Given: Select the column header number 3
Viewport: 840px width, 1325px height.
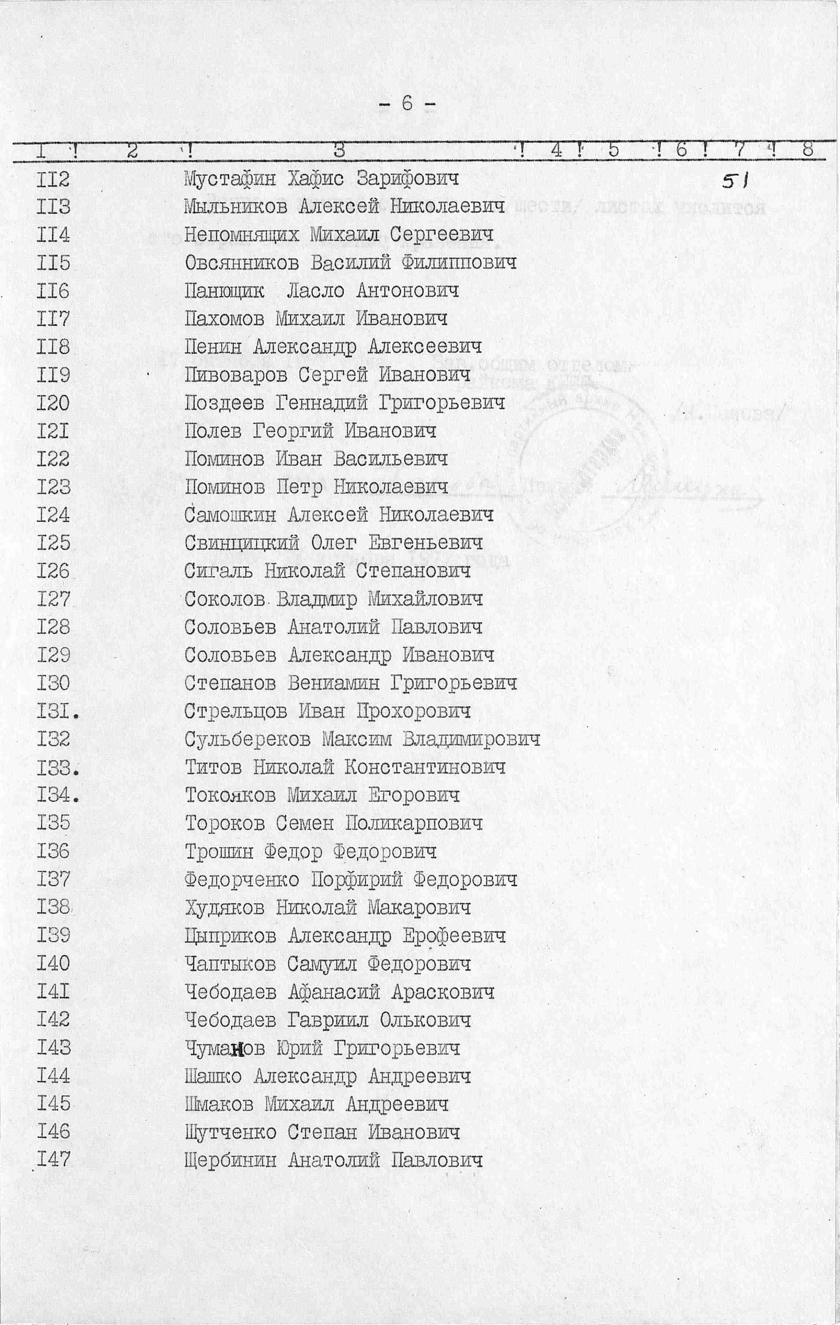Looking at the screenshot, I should pos(339,150).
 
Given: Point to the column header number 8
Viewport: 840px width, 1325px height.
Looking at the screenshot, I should pos(807,150).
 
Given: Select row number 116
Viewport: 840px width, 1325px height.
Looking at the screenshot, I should pos(54,291).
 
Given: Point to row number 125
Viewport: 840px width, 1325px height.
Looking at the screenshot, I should pos(54,543).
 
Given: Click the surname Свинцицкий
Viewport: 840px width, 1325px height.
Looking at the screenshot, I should pos(242,543).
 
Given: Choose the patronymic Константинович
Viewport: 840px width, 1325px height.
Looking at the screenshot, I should pos(425,767).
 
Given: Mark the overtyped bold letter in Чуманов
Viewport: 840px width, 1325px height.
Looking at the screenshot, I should pos(237,1050).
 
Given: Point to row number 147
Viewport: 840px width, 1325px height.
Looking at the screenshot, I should pos(54,1161).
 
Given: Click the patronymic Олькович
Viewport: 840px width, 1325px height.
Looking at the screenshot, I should pos(425,1021).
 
